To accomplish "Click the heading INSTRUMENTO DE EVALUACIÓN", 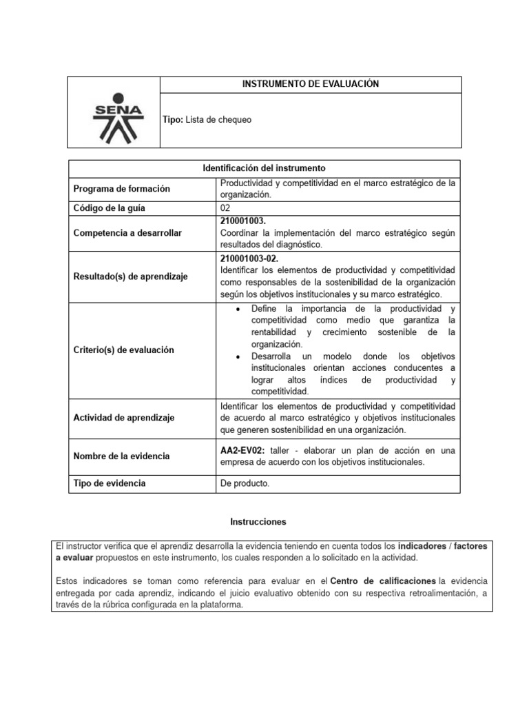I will [x=310, y=84].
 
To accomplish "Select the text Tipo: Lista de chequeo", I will [x=207, y=120].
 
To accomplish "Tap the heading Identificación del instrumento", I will [x=264, y=168].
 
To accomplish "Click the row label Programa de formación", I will [x=121, y=189].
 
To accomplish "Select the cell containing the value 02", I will [x=225, y=208].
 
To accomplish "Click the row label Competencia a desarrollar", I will [x=127, y=233].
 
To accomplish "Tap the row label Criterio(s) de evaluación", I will [x=123, y=350].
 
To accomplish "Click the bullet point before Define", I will [x=237, y=308].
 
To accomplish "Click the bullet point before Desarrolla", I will [x=237, y=356].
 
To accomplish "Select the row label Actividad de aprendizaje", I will [x=123, y=418].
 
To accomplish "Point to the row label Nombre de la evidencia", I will [x=121, y=456].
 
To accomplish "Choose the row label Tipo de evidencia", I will [x=110, y=483].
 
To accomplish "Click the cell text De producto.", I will [x=245, y=484].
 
